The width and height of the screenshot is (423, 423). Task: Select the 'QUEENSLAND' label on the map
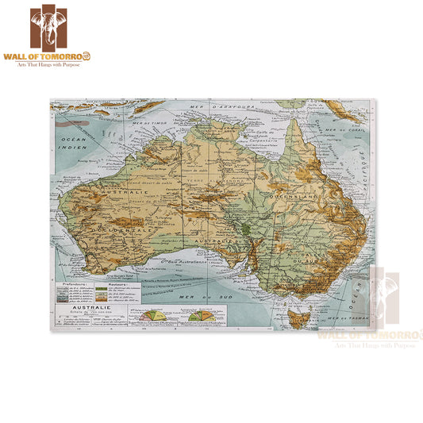[294, 192]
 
